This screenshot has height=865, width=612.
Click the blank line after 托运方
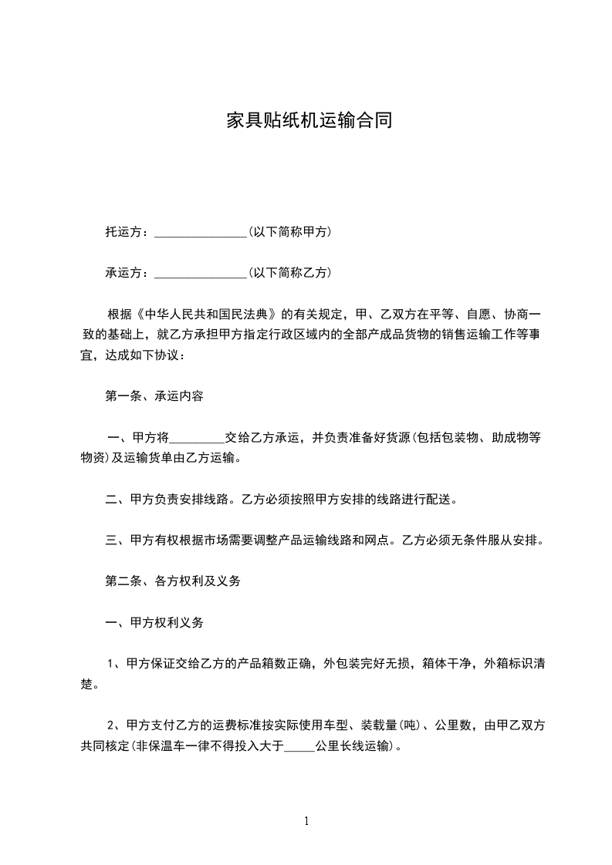(200, 232)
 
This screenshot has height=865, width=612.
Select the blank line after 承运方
(200, 273)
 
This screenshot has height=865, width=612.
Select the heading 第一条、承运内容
(154, 396)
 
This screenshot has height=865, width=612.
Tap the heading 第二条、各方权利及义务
(173, 581)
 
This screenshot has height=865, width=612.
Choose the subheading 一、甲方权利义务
(154, 623)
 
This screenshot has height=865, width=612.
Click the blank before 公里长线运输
(299, 746)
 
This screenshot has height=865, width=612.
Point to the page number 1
(306, 821)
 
